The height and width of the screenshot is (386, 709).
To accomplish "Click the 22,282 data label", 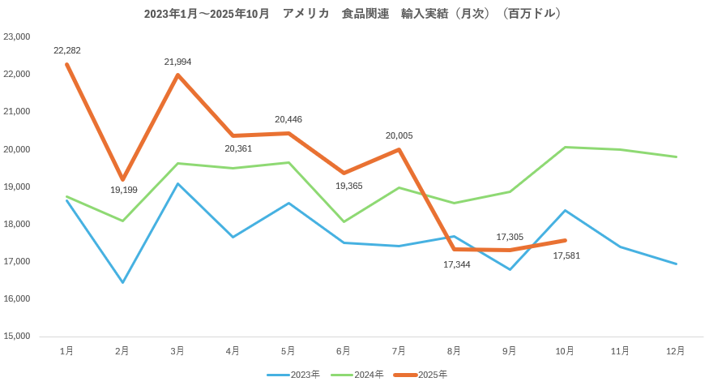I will pos(67,50).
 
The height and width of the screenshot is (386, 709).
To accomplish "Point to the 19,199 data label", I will pos(124,190).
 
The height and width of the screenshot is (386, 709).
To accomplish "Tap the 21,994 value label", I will pos(177,62).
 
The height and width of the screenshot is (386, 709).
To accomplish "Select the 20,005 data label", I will pos(399,135).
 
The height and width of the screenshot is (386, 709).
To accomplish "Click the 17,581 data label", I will pos(566,255).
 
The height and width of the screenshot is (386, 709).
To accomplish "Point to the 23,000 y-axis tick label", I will pos(17,36).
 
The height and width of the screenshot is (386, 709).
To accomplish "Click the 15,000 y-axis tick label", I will pos(17,336).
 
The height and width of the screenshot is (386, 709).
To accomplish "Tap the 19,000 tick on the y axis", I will pos(17,187).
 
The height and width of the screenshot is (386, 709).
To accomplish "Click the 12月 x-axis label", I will pos(675,351).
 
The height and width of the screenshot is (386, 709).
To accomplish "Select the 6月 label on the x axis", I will pos(344,351).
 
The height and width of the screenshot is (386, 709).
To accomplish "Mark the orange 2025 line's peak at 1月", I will pos(67,64).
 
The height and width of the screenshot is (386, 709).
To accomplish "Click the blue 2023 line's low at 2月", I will pos(122,282).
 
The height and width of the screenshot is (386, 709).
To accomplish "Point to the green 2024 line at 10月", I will pos(565,147).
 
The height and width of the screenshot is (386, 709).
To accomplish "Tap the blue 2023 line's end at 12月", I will pos(676,264).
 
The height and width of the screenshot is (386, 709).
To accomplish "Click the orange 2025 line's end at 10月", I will pos(565,240).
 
